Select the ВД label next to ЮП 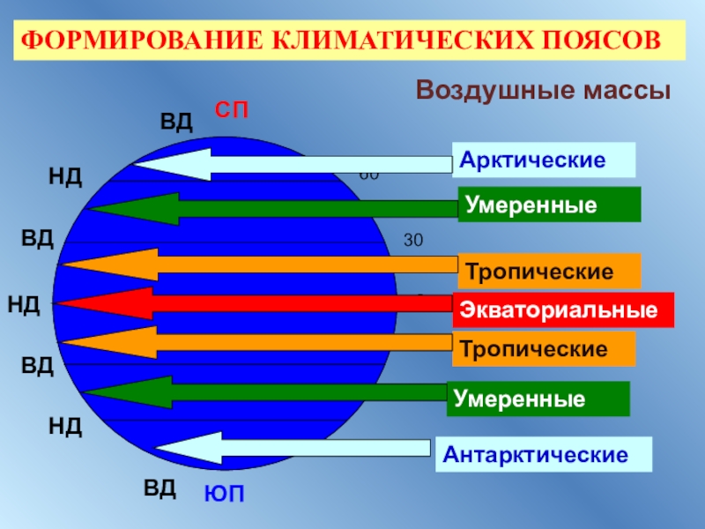(160, 487)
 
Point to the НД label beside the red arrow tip (24, 306)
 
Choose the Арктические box (544, 160)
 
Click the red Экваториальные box (563, 310)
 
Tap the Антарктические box (544, 456)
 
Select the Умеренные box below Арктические (549, 205)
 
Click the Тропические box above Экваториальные (549, 272)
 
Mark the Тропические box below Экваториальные (544, 349)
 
